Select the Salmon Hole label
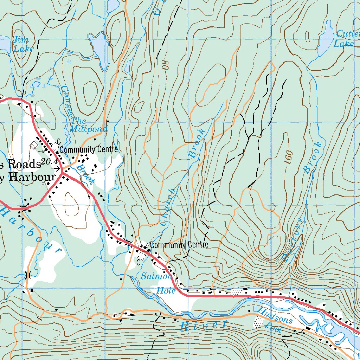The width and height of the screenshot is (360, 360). (x=156, y=283)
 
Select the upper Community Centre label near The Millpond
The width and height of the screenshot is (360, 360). (x=88, y=149)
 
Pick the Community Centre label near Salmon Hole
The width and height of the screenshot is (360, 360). (x=179, y=245)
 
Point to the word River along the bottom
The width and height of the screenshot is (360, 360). (x=204, y=325)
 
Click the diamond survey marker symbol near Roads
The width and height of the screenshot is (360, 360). (x=34, y=145)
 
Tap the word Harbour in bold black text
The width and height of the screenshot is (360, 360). (x=33, y=177)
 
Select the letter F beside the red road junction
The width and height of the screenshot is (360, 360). (x=43, y=184)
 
